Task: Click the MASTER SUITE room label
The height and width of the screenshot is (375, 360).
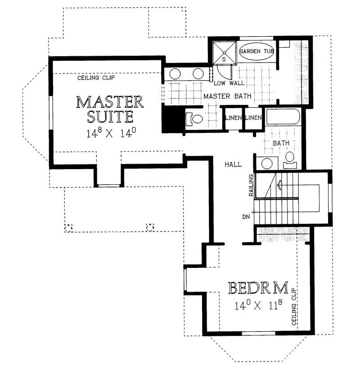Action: click(x=110, y=109)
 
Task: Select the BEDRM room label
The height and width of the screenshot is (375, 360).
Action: click(x=258, y=288)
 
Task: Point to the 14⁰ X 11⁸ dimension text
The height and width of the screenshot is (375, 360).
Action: click(x=258, y=306)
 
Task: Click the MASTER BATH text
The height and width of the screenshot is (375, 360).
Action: click(x=227, y=96)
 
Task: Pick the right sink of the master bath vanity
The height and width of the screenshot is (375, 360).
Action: click(x=198, y=74)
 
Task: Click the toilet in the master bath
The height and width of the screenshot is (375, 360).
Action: click(x=195, y=119)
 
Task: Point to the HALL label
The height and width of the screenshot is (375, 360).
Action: click(x=233, y=165)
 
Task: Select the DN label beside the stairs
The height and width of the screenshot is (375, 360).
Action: click(x=246, y=217)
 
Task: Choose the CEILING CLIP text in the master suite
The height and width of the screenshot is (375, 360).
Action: click(x=96, y=78)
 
